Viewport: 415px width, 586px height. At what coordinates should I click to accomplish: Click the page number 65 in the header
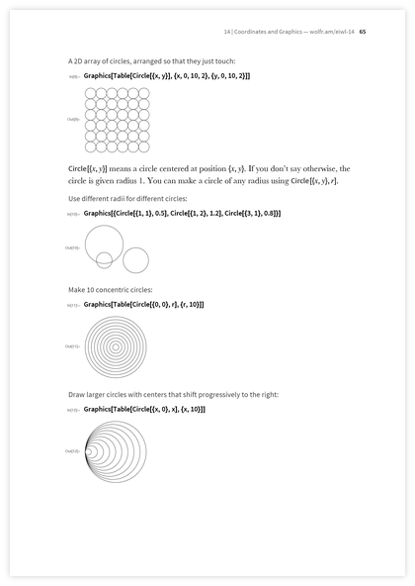pyautogui.click(x=364, y=30)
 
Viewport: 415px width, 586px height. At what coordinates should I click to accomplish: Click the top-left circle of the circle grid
pyautogui.click(x=90, y=93)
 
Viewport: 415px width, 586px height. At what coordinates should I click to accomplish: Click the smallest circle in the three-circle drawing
pyautogui.click(x=104, y=259)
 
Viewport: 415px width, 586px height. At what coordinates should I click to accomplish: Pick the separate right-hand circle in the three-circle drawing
pyautogui.click(x=135, y=259)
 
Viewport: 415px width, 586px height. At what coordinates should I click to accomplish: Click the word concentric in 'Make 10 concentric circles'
pyautogui.click(x=108, y=289)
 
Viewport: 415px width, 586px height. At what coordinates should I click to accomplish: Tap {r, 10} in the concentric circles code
pyautogui.click(x=191, y=304)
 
